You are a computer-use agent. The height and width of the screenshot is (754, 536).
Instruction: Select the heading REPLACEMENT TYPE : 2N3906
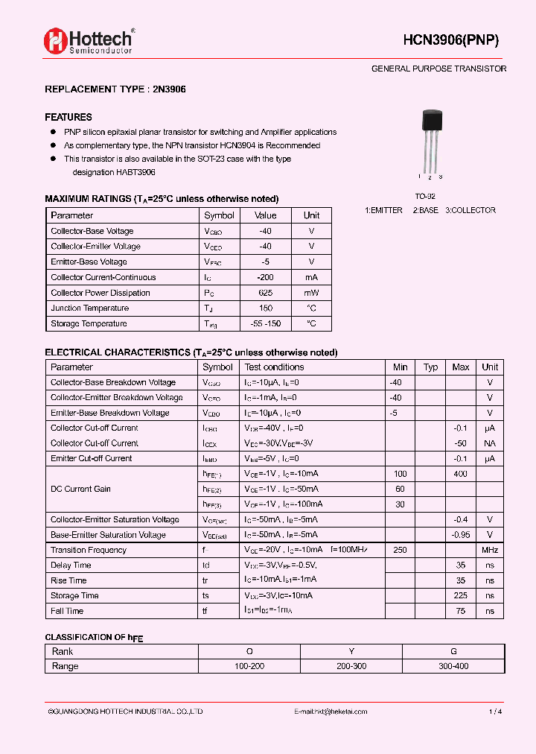point(115,89)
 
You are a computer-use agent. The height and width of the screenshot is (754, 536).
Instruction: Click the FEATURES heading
point(68,117)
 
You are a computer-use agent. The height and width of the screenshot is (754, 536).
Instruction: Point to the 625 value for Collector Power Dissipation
point(266,293)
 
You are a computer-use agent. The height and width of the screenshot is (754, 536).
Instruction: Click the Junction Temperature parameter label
point(89,308)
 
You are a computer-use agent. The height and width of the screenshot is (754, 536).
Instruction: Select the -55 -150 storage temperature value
point(266,323)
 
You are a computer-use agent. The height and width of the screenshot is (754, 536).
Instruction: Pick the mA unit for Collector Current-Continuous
point(311,277)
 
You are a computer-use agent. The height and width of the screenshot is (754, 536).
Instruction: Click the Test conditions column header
point(274,367)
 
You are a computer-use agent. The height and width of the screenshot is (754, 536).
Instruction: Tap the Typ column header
point(430,367)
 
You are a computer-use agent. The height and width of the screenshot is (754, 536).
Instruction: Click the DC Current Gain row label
point(80,489)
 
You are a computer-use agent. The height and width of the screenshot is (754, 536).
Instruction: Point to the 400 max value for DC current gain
point(460,474)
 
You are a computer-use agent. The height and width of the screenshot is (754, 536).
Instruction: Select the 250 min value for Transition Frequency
point(401,550)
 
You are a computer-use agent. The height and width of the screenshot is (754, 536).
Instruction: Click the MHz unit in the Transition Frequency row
point(490,550)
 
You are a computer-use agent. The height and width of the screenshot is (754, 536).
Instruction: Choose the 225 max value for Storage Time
point(460,595)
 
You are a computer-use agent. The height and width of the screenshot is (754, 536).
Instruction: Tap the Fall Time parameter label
point(67,611)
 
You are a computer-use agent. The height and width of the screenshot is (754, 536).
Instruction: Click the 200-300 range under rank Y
point(351,666)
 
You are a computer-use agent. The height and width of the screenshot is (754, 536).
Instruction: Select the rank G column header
point(453,651)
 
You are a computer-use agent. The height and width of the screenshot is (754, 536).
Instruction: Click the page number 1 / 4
point(495,712)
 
